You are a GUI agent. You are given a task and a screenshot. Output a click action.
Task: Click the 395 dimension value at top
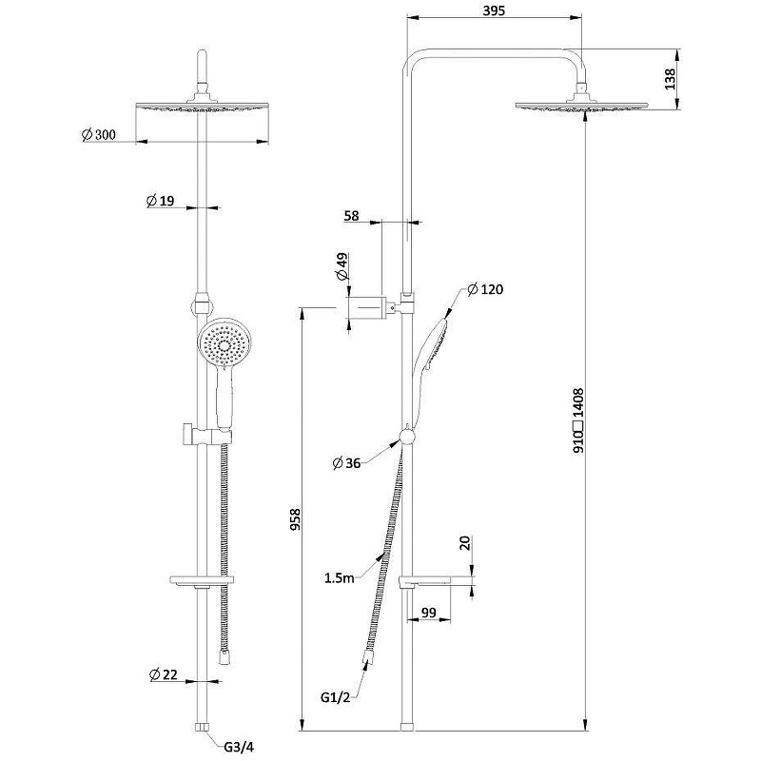pyautogui.click(x=493, y=10)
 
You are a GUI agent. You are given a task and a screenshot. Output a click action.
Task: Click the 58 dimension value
pyautogui.click(x=351, y=217)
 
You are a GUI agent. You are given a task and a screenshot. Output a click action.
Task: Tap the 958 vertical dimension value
pyautogui.click(x=295, y=519)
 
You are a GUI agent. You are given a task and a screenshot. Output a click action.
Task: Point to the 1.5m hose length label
pyautogui.click(x=341, y=577)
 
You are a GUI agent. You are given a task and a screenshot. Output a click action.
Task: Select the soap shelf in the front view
pyautogui.click(x=200, y=579)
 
